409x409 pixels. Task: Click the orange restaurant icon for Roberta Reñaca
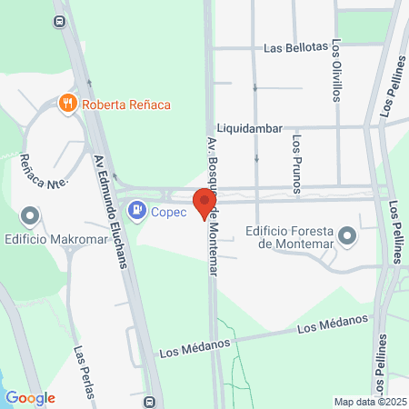tap(66, 104)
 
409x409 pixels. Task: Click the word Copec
tap(168, 212)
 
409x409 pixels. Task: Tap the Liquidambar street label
tap(250, 129)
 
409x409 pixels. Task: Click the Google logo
tap(30, 398)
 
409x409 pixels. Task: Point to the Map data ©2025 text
tap(368, 402)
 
